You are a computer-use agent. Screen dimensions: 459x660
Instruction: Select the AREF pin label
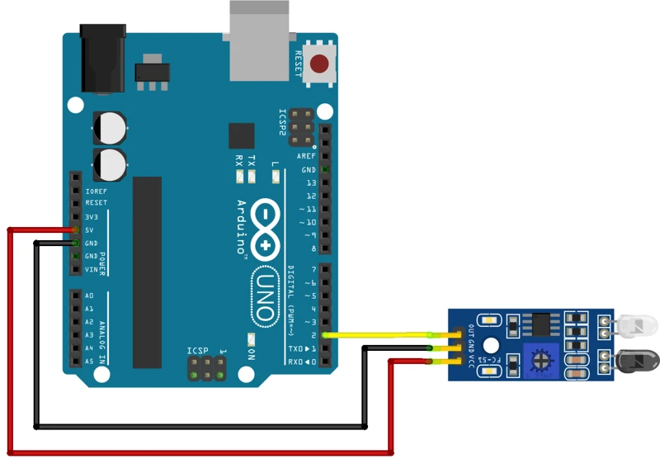click(x=307, y=156)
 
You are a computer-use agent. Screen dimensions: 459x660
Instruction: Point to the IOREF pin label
click(x=97, y=190)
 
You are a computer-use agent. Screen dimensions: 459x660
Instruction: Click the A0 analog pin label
click(x=88, y=296)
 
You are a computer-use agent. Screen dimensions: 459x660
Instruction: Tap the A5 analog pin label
click(x=88, y=362)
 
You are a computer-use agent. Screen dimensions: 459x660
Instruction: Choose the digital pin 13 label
click(x=310, y=182)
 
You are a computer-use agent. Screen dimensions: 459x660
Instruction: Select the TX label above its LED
click(x=252, y=161)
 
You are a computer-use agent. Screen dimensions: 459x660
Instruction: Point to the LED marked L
click(x=275, y=177)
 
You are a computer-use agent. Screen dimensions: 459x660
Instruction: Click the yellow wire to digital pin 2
click(x=379, y=335)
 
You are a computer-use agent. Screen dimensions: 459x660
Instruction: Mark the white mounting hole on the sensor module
click(x=492, y=347)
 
